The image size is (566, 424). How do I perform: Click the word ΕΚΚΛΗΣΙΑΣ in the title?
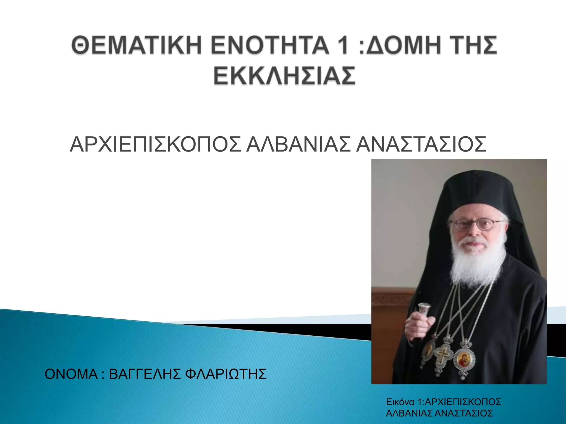284,75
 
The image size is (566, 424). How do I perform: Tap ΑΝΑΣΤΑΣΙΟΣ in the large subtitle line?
421,144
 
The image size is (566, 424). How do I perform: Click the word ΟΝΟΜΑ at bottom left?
71,374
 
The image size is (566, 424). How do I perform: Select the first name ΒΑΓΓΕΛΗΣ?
145,374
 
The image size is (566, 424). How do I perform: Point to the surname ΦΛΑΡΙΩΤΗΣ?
226,374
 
